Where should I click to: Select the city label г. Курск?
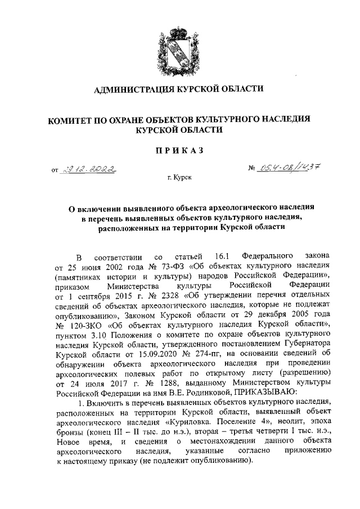click(179, 178)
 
